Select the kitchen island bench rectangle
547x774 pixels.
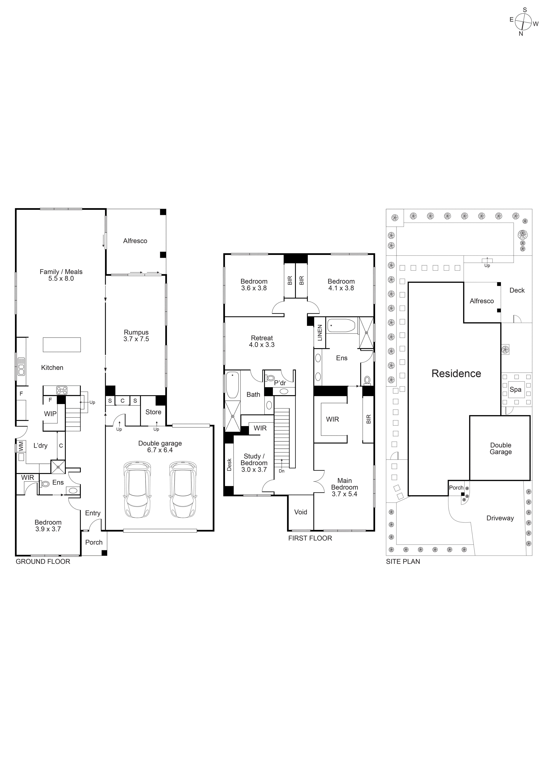[62, 345]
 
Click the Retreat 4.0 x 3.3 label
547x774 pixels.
[262, 341]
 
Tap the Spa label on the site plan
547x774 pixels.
[515, 389]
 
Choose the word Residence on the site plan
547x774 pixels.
[456, 373]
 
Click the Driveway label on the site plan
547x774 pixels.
[500, 518]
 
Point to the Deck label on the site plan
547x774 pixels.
[517, 290]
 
